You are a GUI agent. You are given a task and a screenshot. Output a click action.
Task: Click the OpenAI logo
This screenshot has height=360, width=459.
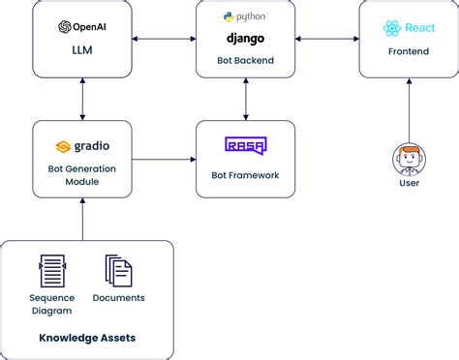81,27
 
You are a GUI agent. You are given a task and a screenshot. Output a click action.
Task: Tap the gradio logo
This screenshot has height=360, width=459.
81,147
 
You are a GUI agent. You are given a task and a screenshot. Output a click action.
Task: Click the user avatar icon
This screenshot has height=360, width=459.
408,157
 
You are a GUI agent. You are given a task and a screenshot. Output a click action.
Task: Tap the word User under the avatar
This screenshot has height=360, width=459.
408,182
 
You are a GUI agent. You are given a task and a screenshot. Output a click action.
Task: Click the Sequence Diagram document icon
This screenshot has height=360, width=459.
50,271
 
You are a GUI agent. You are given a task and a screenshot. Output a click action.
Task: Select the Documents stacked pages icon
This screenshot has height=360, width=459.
118,271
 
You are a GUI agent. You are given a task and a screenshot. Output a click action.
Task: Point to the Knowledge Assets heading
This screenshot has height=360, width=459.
87,338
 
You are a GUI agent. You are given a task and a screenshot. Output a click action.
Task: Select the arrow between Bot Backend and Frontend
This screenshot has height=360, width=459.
326,39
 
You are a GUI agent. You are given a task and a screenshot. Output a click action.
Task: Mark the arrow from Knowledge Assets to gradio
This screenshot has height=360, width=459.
81,219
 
